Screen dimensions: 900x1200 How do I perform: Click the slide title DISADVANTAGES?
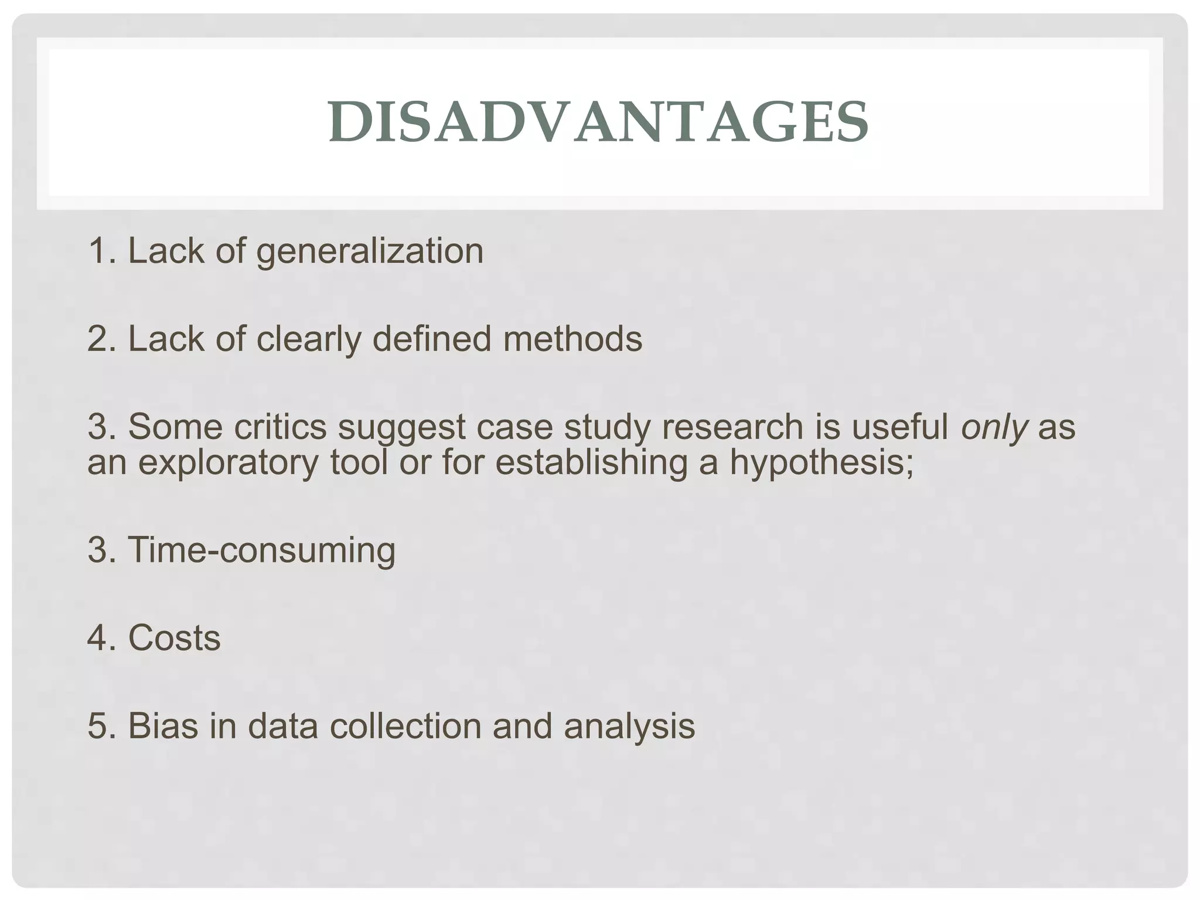(x=598, y=122)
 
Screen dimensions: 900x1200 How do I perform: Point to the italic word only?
(x=994, y=428)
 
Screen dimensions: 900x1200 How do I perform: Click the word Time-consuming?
(x=261, y=551)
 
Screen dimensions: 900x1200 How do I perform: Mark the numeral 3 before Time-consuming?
(x=97, y=551)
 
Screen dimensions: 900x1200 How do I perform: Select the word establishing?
(x=591, y=463)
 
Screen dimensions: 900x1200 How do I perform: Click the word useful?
(x=900, y=427)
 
